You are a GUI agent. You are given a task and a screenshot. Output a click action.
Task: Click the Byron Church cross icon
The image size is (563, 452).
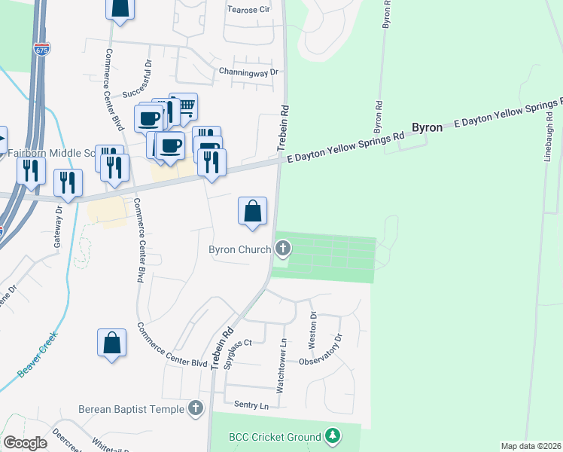point(283,248)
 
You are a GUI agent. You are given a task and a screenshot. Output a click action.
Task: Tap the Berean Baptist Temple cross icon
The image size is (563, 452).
point(196,409)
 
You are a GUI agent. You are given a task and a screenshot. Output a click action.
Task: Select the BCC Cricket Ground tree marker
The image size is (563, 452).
point(333,436)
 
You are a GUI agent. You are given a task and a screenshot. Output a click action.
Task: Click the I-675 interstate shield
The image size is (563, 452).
point(41,49)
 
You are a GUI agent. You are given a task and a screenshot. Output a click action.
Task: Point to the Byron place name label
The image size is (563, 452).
point(426,128)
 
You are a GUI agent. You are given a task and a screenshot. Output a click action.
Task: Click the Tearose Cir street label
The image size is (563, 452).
point(248,10)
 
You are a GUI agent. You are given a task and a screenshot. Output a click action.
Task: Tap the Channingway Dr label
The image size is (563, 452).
point(248,72)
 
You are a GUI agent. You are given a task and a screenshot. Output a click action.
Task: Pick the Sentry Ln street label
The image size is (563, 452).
point(251,405)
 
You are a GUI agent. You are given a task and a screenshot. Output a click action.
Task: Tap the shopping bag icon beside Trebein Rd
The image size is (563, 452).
point(253,211)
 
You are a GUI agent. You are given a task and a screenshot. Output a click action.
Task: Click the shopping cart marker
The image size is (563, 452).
point(183,106)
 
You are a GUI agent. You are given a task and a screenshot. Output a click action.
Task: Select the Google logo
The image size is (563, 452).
point(25,442)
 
